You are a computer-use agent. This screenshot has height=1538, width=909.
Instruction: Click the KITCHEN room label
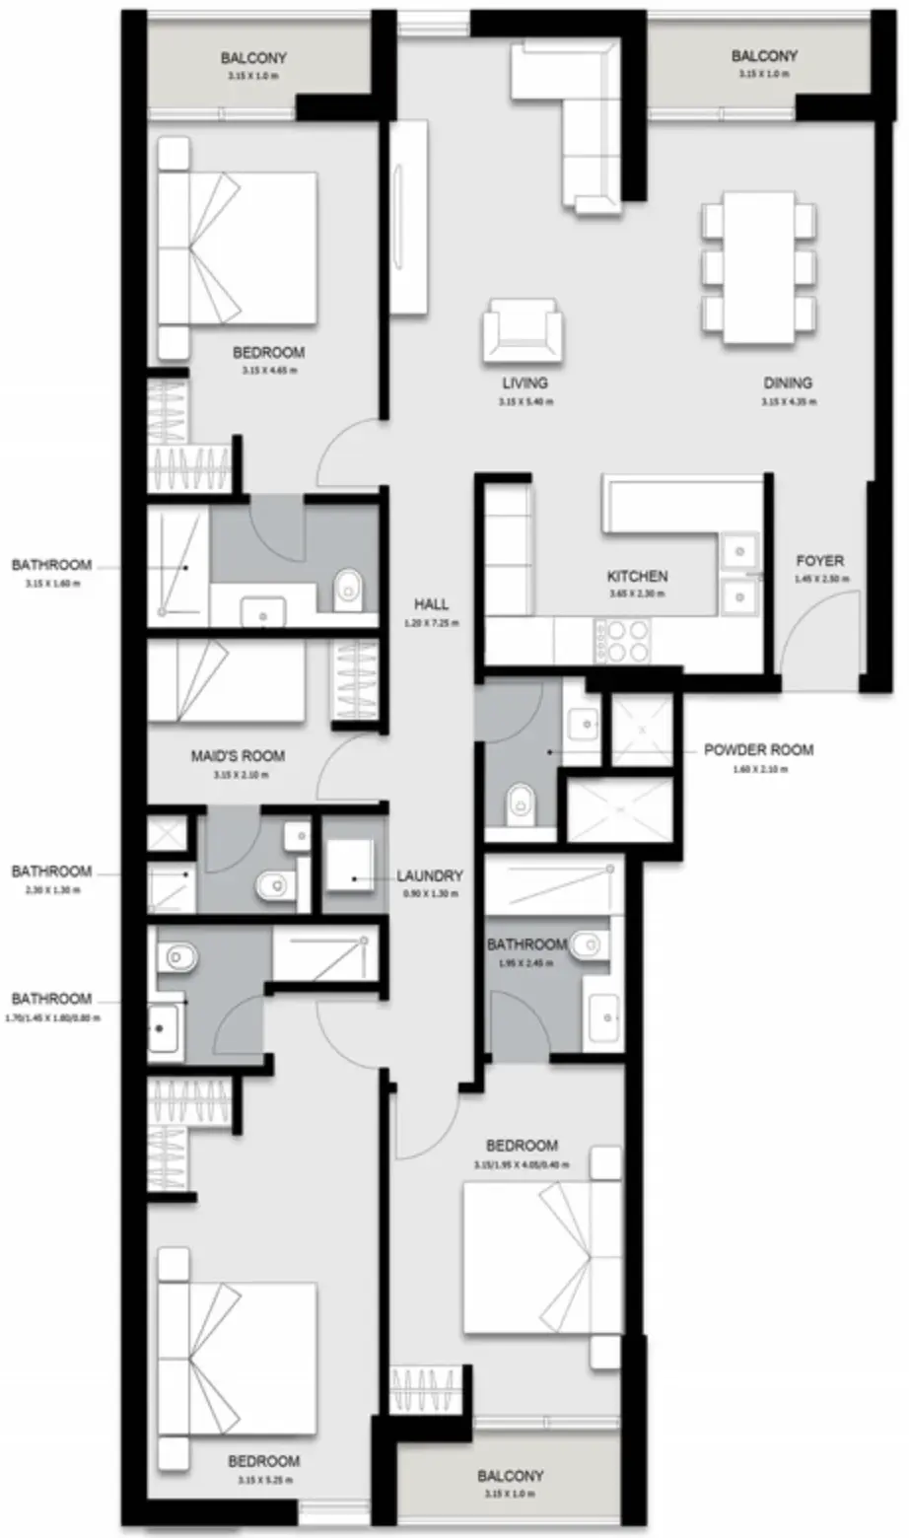pyautogui.click(x=637, y=576)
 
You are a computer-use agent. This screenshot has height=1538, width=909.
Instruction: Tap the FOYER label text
pyautogui.click(x=819, y=561)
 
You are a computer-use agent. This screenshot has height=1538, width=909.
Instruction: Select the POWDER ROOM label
pyautogui.click(x=758, y=749)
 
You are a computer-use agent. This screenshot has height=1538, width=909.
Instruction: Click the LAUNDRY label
pyautogui.click(x=429, y=875)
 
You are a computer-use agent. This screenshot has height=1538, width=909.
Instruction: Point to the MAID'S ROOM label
pyautogui.click(x=238, y=756)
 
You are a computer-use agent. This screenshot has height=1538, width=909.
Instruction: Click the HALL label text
pyautogui.click(x=432, y=604)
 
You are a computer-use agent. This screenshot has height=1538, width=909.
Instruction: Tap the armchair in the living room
pyautogui.click(x=524, y=332)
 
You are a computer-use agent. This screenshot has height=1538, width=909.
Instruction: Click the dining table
pyautogui.click(x=758, y=266)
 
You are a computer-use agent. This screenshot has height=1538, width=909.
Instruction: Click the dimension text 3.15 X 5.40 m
pyautogui.click(x=524, y=401)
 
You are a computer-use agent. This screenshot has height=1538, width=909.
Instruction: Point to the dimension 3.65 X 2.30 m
pyautogui.click(x=637, y=594)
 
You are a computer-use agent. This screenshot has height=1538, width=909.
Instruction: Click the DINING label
pyautogui.click(x=788, y=384)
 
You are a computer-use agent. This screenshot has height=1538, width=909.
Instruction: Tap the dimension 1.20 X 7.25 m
pyautogui.click(x=432, y=623)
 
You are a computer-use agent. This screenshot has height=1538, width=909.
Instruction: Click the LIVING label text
pyautogui.click(x=524, y=384)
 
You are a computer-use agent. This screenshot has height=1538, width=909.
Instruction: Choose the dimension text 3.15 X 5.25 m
pyautogui.click(x=263, y=1480)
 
